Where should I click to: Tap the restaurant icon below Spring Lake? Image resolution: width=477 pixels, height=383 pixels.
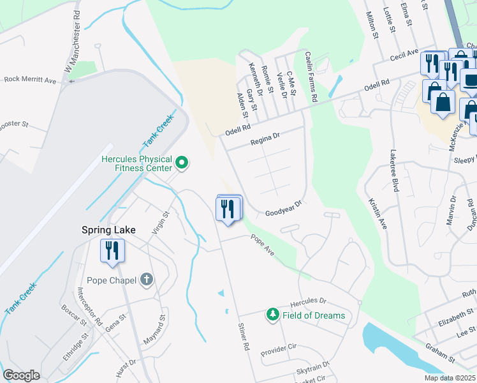[x=112, y=250]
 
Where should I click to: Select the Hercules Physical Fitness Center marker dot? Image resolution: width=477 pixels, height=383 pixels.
[x=182, y=163]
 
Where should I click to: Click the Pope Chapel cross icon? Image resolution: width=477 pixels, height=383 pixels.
[x=147, y=280]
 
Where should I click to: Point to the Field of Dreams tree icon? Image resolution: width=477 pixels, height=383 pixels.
[x=273, y=315]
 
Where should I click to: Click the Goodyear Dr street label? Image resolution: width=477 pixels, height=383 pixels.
[x=283, y=211]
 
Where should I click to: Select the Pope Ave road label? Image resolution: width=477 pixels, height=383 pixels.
[x=263, y=246]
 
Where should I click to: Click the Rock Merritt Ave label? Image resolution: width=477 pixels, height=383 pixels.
[x=30, y=80]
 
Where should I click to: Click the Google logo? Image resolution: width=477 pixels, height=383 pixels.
[x=21, y=375]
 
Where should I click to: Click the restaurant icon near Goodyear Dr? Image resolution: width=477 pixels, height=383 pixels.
[x=228, y=209]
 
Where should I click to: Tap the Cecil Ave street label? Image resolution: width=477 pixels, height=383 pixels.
[x=404, y=56]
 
